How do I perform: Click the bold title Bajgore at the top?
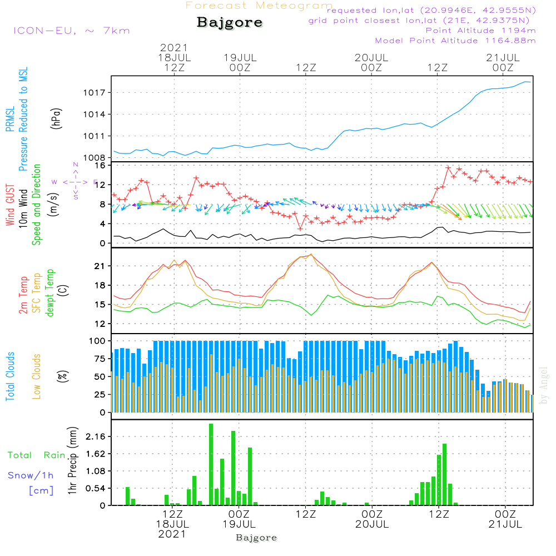230,23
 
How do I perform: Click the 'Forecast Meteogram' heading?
259,6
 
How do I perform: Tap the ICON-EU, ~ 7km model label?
71,31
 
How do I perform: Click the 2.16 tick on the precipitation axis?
96,437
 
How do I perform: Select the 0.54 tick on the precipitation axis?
96,489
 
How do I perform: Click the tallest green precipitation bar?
211,464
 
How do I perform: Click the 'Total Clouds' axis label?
10,376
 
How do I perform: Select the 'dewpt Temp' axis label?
50,293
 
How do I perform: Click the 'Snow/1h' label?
31,475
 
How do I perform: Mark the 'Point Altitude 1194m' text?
480,31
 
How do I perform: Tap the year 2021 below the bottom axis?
172,534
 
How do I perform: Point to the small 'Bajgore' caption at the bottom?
256,538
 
